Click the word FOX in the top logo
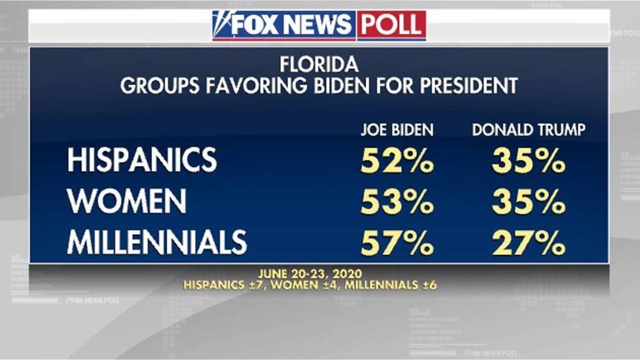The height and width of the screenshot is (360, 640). (x=255, y=25)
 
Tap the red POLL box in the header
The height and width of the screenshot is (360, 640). (x=391, y=25)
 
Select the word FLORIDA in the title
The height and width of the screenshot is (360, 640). (x=319, y=66)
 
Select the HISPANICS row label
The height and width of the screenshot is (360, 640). (x=142, y=160)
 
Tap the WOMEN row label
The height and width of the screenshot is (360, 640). (x=126, y=202)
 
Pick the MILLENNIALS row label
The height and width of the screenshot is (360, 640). (x=157, y=243)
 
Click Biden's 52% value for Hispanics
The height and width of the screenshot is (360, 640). (x=397, y=161)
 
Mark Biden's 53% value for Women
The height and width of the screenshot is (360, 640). (x=397, y=202)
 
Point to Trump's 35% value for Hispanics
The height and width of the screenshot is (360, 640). (x=528, y=161)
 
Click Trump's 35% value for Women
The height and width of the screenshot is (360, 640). (x=528, y=202)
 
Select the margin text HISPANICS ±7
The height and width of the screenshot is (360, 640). (x=224, y=285)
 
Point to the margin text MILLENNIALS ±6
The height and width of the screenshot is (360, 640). (x=390, y=285)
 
